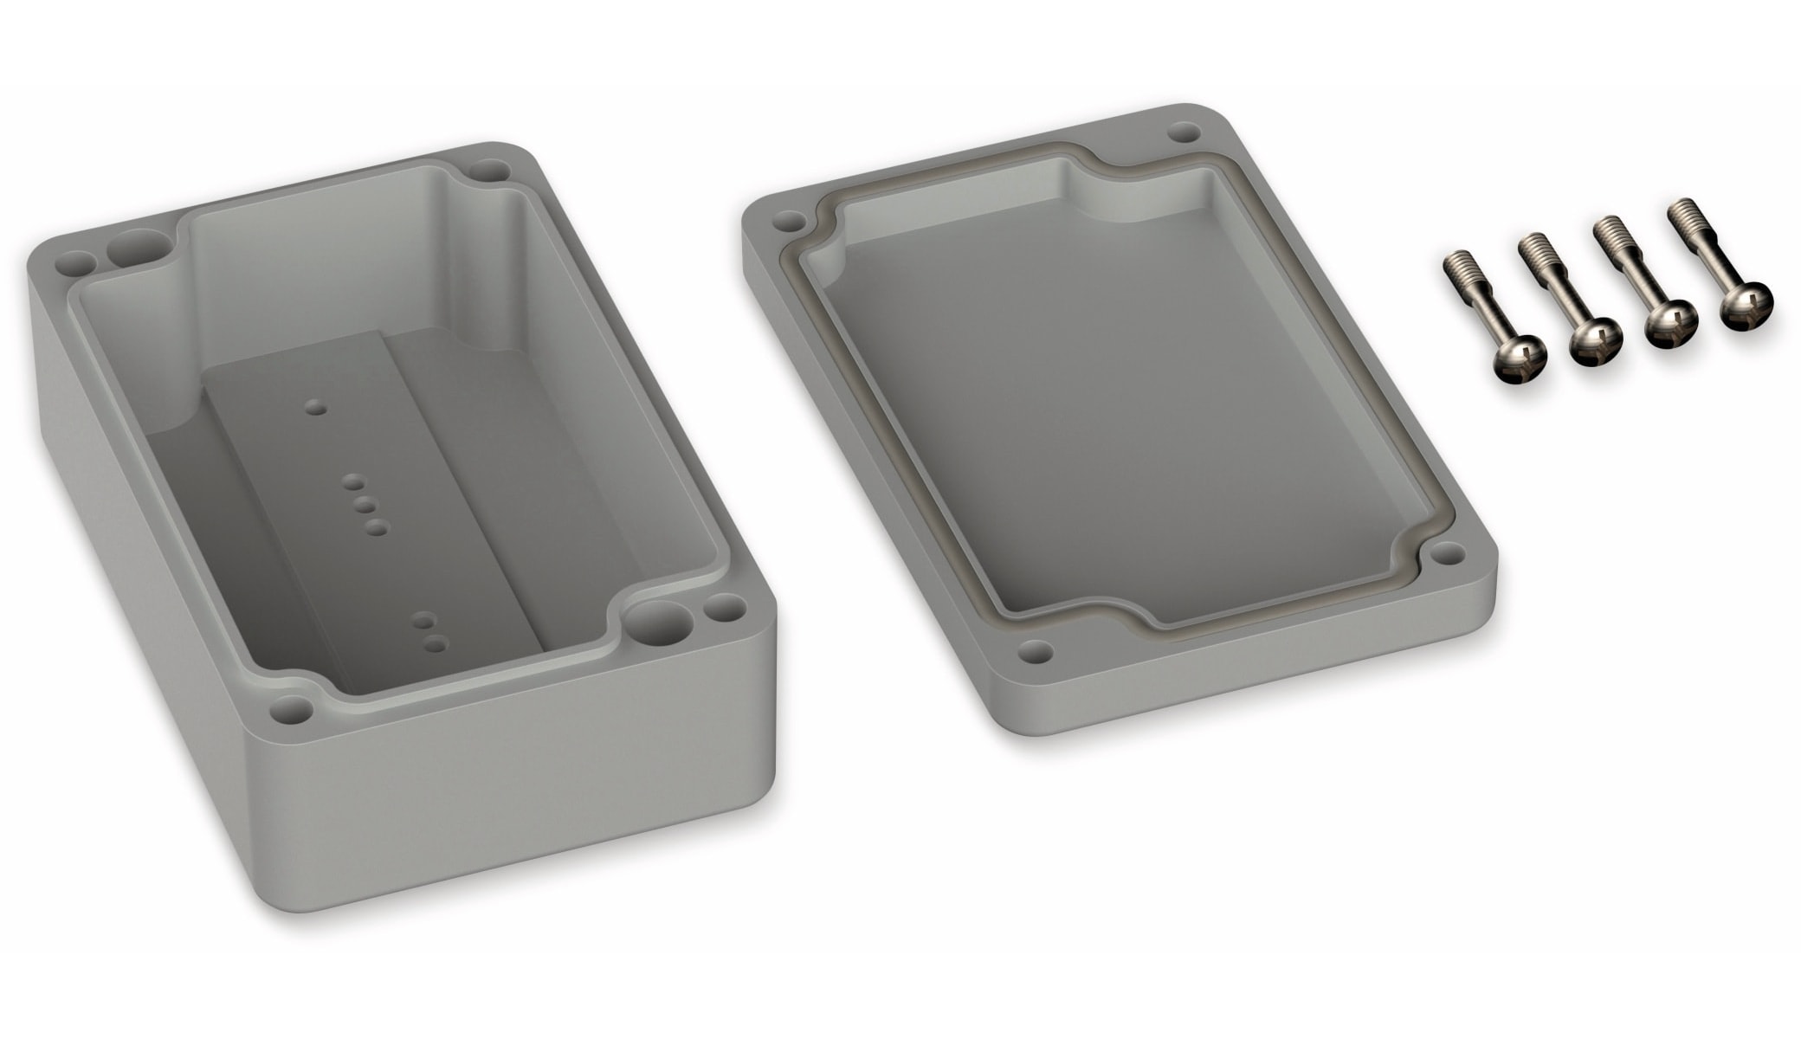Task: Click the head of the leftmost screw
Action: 1519,358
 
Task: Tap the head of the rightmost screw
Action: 1746,306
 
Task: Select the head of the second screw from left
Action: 1595,342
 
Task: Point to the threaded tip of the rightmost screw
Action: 1681,214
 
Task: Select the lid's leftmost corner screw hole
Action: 787,221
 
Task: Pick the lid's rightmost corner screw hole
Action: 1446,552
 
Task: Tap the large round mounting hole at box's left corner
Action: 139,248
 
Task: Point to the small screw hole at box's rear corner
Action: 490,170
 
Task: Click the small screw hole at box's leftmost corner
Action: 76,263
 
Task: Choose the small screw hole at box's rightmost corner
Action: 724,609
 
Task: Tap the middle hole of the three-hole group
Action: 364,505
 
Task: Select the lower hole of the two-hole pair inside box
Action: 436,643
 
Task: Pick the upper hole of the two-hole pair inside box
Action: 423,620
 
